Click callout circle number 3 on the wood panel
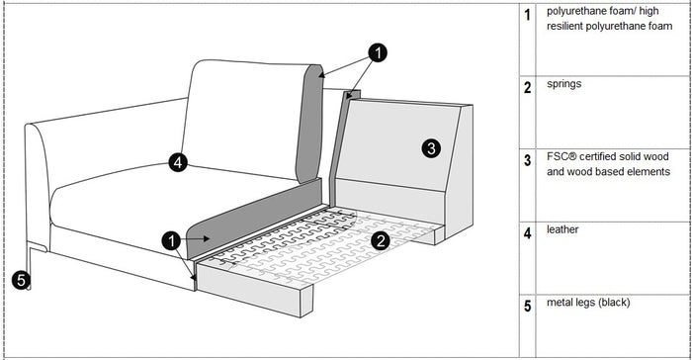click(431, 149)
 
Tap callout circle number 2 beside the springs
click(380, 238)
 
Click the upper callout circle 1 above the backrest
click(378, 51)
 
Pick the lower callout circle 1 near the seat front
click(172, 239)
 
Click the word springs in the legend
click(563, 85)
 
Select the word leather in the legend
click(562, 229)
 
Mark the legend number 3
click(529, 159)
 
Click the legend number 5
click(529, 306)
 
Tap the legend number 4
click(529, 233)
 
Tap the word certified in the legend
click(606, 157)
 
